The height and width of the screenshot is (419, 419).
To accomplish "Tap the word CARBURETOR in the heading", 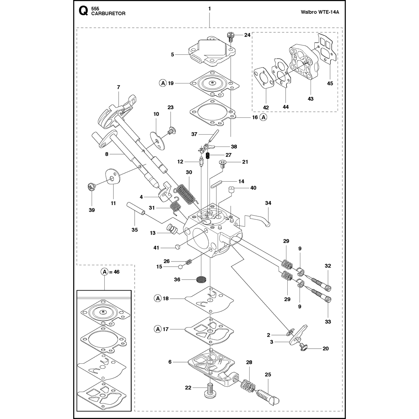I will [108, 13].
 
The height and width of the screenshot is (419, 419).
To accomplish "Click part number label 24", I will [247, 35].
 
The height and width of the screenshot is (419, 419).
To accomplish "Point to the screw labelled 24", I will [230, 36].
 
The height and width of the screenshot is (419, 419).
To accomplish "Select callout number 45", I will [330, 83].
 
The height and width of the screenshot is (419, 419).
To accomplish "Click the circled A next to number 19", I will [162, 83].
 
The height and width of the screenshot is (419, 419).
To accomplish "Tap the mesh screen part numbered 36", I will [201, 280].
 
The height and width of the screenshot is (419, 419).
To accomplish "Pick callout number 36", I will [177, 279].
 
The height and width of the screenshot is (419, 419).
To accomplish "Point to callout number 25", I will [268, 374].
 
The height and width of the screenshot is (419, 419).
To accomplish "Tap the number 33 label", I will [328, 322].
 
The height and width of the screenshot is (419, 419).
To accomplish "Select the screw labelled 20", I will [304, 347].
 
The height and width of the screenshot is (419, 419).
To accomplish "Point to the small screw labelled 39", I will [92, 187].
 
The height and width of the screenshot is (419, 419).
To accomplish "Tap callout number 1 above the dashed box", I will [209, 9].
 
